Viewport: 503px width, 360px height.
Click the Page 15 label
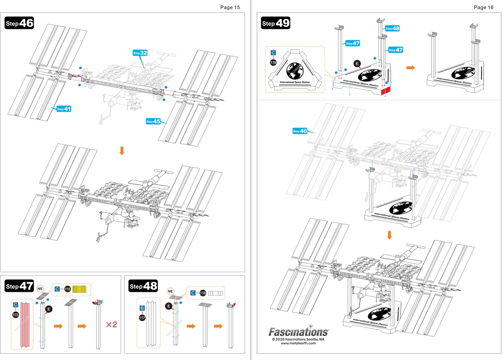coord(230,7)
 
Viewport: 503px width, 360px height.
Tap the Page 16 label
coord(483,7)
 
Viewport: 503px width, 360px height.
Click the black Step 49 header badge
coord(276,23)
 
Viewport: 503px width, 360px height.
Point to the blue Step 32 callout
coord(140,53)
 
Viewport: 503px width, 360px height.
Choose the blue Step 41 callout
coord(64,109)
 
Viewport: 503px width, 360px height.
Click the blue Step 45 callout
coord(153,121)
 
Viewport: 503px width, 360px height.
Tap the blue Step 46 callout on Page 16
coord(300,131)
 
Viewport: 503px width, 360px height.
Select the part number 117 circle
coord(142,318)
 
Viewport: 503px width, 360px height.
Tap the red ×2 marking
coord(112,325)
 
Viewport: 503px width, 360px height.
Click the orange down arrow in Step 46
coord(122,151)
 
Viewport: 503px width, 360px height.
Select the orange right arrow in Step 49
coord(410,68)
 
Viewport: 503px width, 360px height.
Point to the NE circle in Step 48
coord(170,291)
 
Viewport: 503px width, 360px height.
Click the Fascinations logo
coord(299,331)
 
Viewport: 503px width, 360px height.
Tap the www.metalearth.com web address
coord(298,343)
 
